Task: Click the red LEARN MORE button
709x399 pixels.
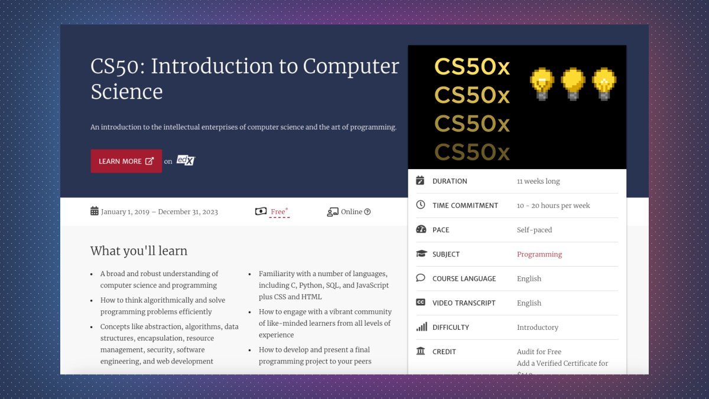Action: point(126,161)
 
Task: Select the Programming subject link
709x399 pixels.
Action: point(539,254)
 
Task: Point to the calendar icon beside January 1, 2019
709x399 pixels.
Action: point(95,211)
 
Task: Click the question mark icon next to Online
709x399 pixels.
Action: point(367,212)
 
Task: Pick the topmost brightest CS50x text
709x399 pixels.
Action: point(472,67)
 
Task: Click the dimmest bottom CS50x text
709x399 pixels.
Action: point(472,152)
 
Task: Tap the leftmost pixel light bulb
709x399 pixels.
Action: point(542,83)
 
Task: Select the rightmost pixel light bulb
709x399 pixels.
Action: point(604,83)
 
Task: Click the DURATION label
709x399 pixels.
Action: point(450,181)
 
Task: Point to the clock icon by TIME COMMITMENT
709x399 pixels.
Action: point(421,205)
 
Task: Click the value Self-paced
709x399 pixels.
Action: point(534,230)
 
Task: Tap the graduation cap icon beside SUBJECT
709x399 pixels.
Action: point(421,254)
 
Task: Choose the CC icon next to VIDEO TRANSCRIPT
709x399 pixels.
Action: point(421,303)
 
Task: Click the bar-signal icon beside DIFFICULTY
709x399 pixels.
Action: point(421,327)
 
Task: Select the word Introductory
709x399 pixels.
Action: point(537,327)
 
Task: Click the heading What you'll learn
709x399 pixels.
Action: point(139,251)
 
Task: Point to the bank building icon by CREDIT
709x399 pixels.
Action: point(421,351)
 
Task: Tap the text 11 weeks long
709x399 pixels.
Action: point(538,181)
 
